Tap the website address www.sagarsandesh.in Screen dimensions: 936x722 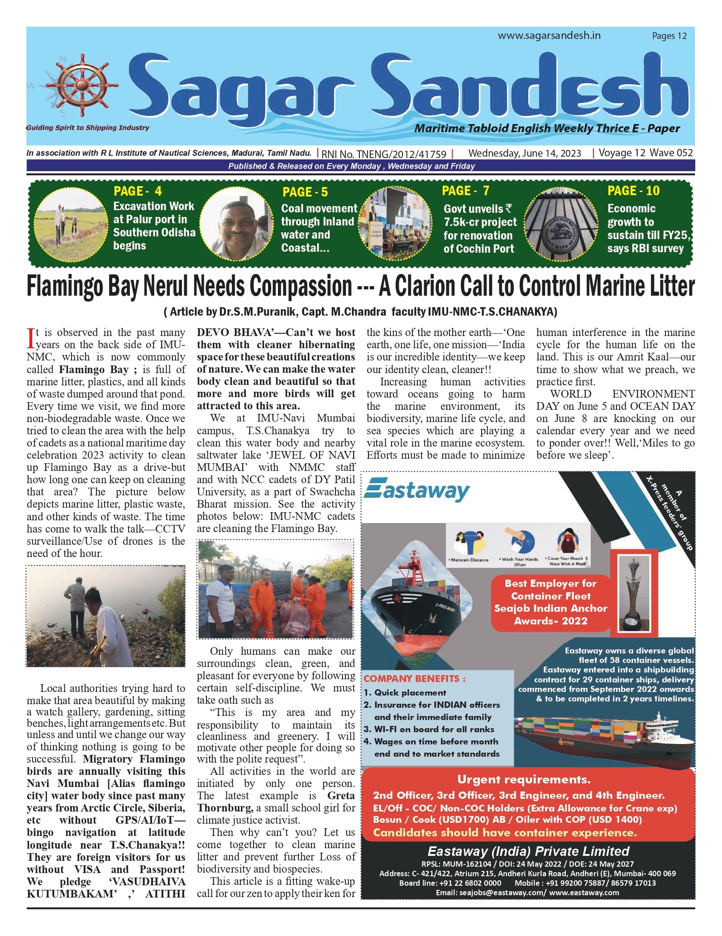point(549,36)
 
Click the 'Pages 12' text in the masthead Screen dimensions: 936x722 point(669,36)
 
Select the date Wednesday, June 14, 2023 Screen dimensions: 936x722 point(525,153)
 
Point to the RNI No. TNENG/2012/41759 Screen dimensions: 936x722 point(384,154)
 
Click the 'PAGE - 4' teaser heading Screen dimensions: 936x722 point(138,191)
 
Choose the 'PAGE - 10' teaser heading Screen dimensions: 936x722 point(633,191)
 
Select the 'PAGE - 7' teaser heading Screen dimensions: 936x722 point(465,191)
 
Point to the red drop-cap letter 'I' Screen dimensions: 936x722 point(31,338)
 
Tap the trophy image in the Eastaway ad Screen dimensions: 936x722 point(631,590)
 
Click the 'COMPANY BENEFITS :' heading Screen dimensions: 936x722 point(415,679)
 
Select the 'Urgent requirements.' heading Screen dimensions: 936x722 point(524,779)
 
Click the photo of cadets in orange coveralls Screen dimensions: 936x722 point(276,589)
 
